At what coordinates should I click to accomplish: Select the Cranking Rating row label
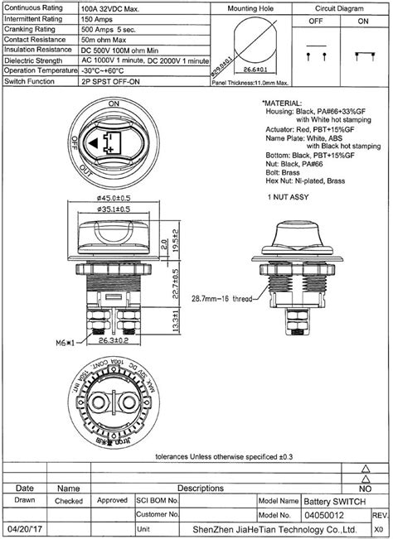[29, 27]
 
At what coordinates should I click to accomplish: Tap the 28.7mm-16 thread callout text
[220, 297]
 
